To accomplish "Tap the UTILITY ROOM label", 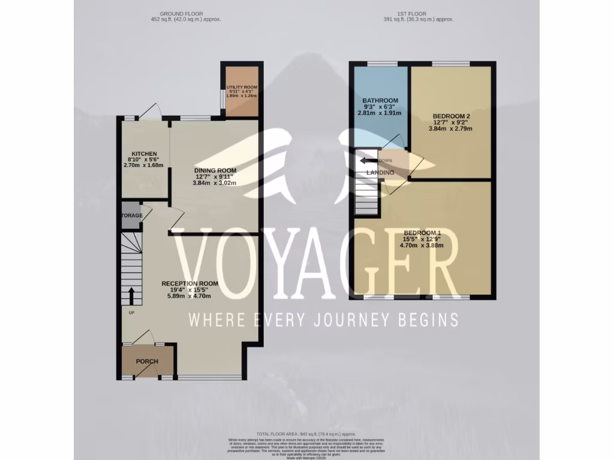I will click(242, 87).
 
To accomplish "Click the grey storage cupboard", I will click(131, 218).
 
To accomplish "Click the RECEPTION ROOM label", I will click(189, 283).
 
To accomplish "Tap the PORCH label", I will click(146, 361).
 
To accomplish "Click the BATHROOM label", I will click(380, 101).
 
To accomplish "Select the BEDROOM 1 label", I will click(422, 233).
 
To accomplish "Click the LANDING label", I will click(380, 172).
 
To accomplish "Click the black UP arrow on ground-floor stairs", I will click(131, 295).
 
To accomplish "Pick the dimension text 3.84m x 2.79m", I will click(450, 128).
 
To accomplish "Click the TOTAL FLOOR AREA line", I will click(306, 434).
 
